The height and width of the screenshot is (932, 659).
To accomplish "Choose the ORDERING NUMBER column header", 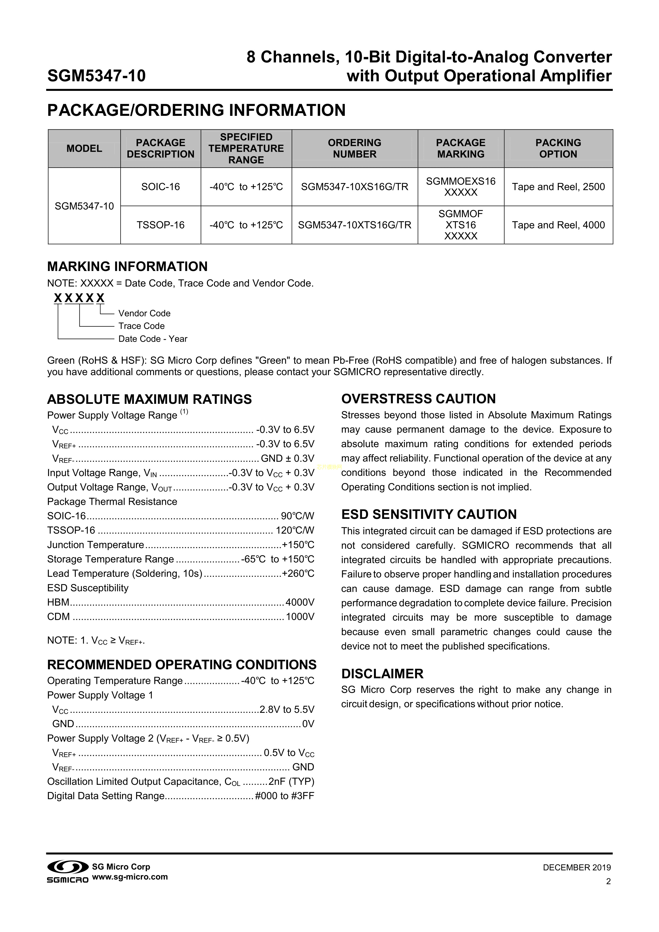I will click(354, 149).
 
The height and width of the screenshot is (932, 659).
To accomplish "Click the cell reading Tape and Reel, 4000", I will click(558, 225).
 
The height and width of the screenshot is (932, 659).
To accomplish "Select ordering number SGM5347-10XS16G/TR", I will click(354, 187).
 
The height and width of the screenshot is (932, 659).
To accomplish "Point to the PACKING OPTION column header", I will click(558, 149).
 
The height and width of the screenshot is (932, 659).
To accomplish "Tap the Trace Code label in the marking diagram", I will click(141, 326).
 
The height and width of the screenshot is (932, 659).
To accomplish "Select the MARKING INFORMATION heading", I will click(127, 267).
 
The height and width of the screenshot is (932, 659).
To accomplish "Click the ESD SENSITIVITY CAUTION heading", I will click(429, 514).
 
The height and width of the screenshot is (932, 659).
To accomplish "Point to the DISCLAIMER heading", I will click(382, 674).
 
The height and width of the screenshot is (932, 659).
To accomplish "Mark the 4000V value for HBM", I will click(300, 602).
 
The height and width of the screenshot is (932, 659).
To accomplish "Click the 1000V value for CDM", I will click(300, 617).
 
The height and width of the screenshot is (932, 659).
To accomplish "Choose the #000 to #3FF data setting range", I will click(284, 796).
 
